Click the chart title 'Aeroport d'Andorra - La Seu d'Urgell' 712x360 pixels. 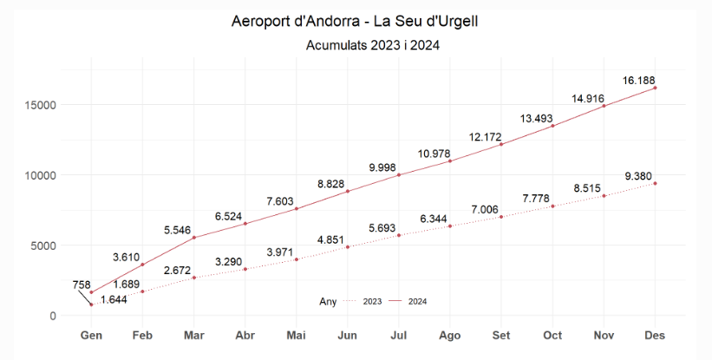pos(355,20)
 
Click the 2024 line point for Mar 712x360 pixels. pos(193,238)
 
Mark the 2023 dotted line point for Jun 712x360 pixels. pos(348,247)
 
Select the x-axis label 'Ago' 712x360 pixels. pos(450,335)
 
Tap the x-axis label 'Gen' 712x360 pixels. pos(91,335)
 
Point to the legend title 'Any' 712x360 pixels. pos(328,301)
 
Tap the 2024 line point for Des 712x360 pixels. pos(656,88)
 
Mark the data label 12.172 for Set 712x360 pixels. pos(487,137)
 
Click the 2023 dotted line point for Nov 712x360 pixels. pos(604,196)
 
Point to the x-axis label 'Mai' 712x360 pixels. pos(297,335)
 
